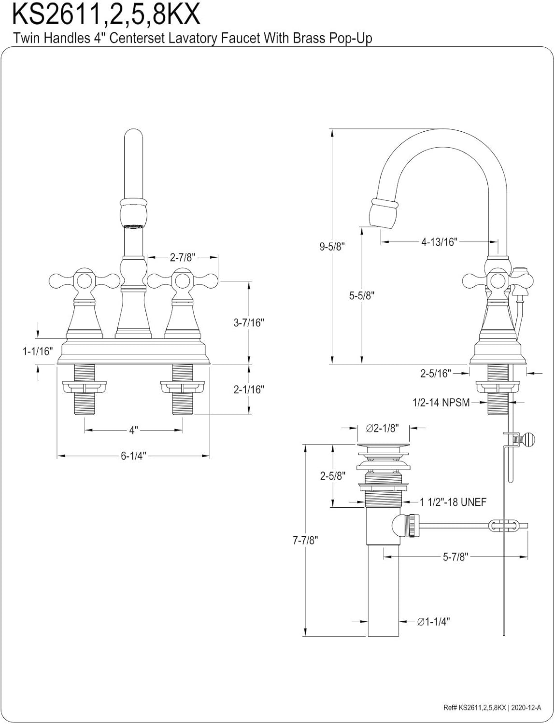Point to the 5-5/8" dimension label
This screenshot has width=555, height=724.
pyautogui.click(x=362, y=295)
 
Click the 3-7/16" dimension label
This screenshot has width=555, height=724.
pyautogui.click(x=249, y=323)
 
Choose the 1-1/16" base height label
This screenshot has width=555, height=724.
pyautogui.click(x=37, y=351)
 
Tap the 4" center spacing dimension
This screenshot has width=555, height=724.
pyautogui.click(x=134, y=430)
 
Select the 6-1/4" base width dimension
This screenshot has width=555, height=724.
pyautogui.click(x=133, y=456)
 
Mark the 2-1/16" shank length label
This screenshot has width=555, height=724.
pyautogui.click(x=249, y=390)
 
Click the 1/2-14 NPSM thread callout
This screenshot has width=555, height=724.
pyautogui.click(x=441, y=402)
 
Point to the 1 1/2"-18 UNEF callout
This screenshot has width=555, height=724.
pyautogui.click(x=453, y=502)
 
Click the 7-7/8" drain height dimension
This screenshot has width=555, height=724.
pyautogui.click(x=305, y=541)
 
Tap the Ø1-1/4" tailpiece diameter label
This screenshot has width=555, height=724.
pyautogui.click(x=433, y=622)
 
